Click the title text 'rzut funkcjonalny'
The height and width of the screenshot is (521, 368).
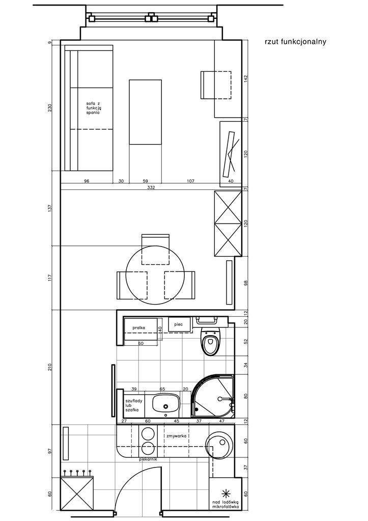click(295, 42)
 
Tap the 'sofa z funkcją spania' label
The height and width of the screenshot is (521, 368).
click(93, 108)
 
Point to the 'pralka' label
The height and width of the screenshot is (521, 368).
click(139, 327)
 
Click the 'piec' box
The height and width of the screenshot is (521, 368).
click(180, 324)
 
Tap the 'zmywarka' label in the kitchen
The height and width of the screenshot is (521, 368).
click(176, 435)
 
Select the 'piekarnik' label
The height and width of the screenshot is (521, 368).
click(148, 459)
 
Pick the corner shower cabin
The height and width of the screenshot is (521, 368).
click(213, 396)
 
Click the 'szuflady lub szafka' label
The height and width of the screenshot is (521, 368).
click(133, 405)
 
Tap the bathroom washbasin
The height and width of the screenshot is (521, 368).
click(166, 403)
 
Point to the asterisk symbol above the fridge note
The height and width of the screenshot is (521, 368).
click(225, 493)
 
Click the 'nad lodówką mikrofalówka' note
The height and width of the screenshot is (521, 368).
click(225, 505)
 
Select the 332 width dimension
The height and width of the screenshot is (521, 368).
click(151, 187)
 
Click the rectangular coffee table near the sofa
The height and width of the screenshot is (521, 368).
click(145, 112)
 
